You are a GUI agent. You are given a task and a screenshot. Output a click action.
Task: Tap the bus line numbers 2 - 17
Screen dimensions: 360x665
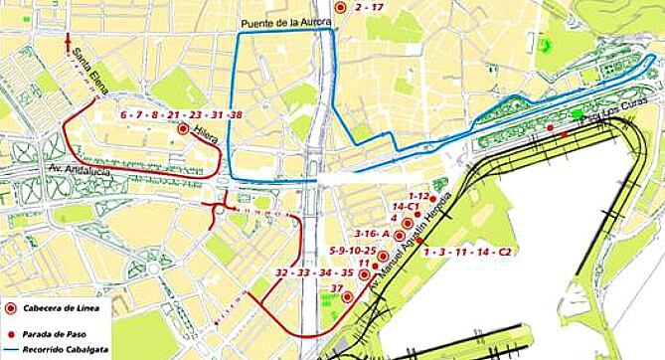[369, 8]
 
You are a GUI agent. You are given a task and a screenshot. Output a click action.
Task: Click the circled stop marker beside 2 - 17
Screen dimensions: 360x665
[341, 7]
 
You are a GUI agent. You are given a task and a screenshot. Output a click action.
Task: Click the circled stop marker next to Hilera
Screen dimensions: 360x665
[183, 129]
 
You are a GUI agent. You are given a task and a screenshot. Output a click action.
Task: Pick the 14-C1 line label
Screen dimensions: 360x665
[405, 206]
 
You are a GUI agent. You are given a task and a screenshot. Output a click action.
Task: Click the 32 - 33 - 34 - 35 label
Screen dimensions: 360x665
[314, 272]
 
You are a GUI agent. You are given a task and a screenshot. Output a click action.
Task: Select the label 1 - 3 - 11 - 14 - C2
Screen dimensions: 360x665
[466, 253]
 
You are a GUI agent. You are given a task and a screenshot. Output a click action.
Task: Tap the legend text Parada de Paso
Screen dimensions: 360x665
[54, 324]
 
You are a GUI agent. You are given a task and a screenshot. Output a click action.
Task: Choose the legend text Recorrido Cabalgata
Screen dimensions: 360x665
[63, 339]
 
